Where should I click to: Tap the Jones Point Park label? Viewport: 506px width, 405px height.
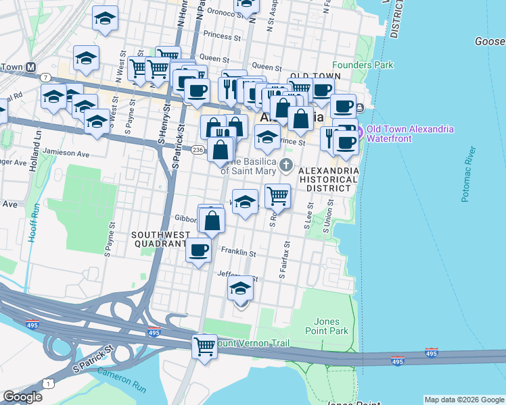[x=331, y=326]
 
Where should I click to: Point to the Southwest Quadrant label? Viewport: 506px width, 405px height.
[x=158, y=239]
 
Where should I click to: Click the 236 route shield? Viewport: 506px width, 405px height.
[x=198, y=149]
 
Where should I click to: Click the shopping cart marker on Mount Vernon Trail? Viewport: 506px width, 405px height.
[x=204, y=346]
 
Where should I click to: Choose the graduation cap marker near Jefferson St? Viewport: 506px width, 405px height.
[x=240, y=289]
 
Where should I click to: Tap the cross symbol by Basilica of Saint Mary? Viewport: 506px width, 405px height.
[x=285, y=165]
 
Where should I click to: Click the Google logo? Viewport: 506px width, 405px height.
[x=22, y=397]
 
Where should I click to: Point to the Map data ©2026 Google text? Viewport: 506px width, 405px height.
[x=463, y=400]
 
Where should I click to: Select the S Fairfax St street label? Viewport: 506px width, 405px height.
[x=285, y=261]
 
